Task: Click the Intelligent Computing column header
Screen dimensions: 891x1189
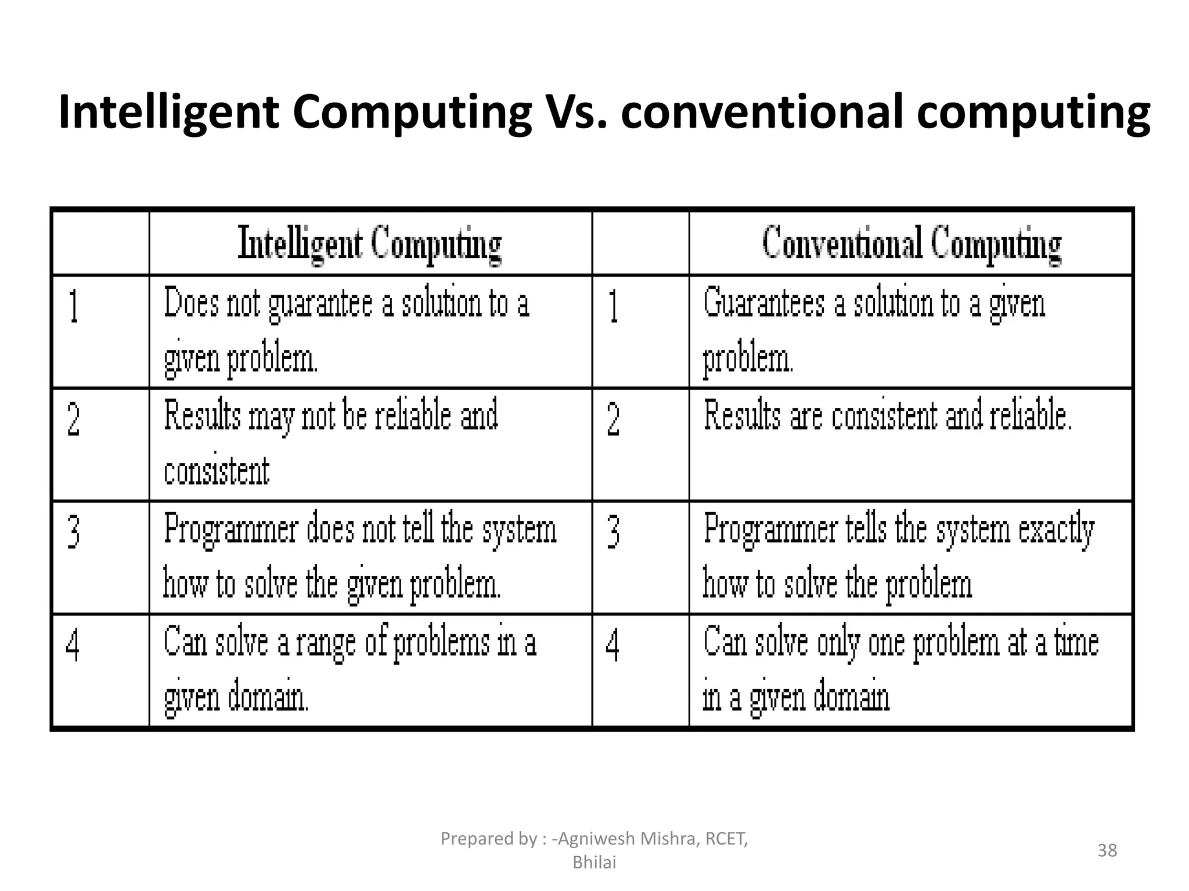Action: pos(370,244)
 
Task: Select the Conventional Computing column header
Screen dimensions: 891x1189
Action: pos(911,244)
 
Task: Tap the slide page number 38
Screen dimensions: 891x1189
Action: pos(1107,850)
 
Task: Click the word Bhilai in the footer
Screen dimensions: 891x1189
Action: pos(594,863)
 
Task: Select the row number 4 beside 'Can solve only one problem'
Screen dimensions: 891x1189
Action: pos(612,645)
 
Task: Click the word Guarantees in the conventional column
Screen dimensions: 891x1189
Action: pos(763,303)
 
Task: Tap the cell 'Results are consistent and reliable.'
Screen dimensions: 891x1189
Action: pos(888,416)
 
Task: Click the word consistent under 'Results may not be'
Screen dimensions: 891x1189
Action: pos(217,470)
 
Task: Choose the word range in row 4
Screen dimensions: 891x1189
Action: pos(325,643)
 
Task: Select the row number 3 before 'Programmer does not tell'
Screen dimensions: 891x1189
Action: pos(74,532)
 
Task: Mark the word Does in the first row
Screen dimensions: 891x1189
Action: pos(191,303)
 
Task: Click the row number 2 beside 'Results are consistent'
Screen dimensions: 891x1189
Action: pos(613,419)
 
